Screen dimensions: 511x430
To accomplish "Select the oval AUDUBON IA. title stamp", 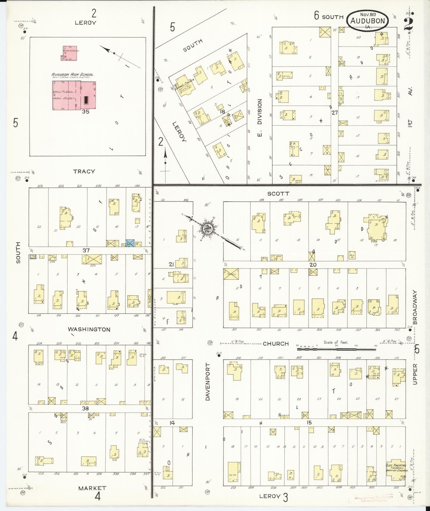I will pos(367,20).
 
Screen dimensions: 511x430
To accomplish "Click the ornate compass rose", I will pos(207,229).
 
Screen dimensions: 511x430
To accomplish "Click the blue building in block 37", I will pos(130,243).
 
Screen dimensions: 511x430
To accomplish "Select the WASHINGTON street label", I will pos(89,329).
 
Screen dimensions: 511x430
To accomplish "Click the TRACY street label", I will pos(84,171).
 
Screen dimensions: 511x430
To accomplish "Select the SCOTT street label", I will pos(278,194).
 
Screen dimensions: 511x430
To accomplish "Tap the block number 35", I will pos(86,112).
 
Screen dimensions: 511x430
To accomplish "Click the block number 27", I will pos(335,113).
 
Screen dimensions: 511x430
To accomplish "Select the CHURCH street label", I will pos(276,344).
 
